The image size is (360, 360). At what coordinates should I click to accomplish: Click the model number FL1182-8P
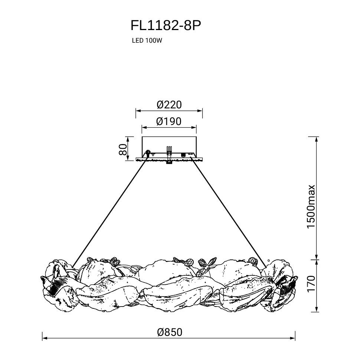(x=166, y=26)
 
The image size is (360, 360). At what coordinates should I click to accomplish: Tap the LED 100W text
(x=147, y=40)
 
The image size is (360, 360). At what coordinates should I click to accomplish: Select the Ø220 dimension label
(x=169, y=105)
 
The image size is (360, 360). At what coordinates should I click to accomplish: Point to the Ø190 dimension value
(x=169, y=121)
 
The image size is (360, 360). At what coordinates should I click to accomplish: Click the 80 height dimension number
(x=123, y=150)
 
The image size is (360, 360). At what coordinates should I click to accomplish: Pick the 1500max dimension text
(x=311, y=206)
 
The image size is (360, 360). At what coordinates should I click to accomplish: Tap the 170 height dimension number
(x=311, y=284)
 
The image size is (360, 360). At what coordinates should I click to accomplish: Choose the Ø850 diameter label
(x=170, y=332)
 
